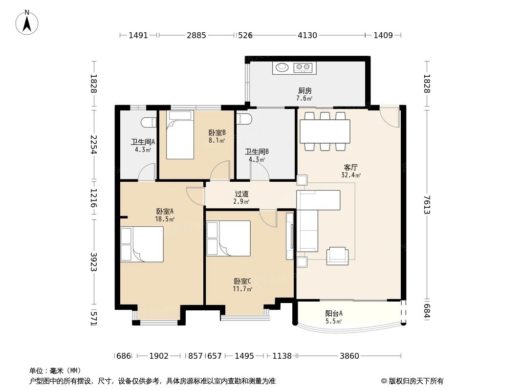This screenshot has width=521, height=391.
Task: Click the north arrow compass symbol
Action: click(27, 22)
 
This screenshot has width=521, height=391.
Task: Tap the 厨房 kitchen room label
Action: click(304, 90)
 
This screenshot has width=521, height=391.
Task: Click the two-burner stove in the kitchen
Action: click(303, 68)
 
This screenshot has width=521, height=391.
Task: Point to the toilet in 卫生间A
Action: click(149, 122)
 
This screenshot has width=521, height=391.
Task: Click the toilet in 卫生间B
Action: click(244, 119)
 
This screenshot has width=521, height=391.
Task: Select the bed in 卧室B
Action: click(180, 134)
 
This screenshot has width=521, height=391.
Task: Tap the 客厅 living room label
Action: click(350, 167)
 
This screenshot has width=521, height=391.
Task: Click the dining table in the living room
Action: click(325, 131)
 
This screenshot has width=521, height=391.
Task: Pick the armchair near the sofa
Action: click(337, 256)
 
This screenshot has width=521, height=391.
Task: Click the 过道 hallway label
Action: click(241, 194)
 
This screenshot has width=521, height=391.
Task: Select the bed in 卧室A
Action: click(142, 244)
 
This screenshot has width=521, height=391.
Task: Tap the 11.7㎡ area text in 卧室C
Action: click(242, 289)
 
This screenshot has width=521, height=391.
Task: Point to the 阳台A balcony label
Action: click(334, 313)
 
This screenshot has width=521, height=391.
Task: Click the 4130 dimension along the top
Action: click(307, 35)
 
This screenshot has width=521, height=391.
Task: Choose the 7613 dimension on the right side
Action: click(427, 205)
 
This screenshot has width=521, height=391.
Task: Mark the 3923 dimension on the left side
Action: click(94, 262)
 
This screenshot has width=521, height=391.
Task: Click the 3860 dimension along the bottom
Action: click(349, 356)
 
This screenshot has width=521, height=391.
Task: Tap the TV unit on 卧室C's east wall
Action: click(290, 236)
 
